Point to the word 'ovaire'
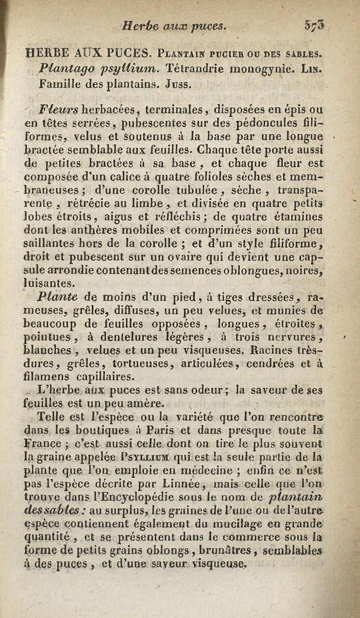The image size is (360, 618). [x=176, y=258]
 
